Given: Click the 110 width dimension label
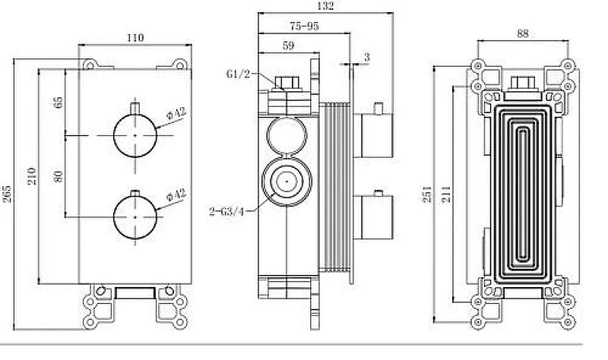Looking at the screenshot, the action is (x=135, y=37).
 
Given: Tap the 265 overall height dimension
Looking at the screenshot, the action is (x=7, y=194).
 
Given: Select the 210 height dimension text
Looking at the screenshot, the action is (x=33, y=175).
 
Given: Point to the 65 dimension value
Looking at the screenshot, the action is (x=59, y=103).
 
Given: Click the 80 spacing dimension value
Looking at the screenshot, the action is (x=59, y=176).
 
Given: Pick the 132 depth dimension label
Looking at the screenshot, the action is (x=325, y=6).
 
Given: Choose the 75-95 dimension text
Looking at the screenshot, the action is (x=305, y=26).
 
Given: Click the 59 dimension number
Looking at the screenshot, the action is (x=288, y=46).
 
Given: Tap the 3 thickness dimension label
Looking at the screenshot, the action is (x=367, y=58).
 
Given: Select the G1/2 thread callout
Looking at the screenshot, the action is (x=238, y=74).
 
